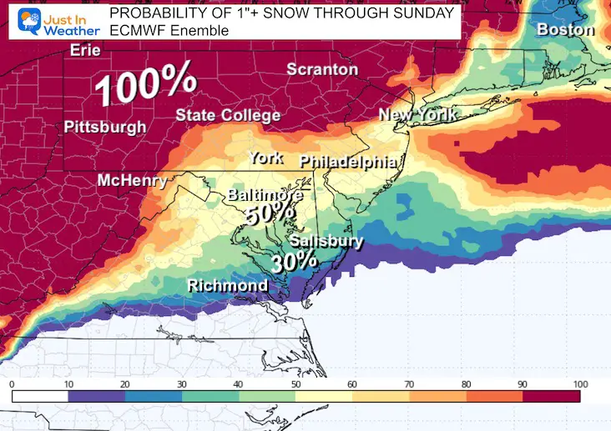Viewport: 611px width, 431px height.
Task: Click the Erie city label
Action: click(x=84, y=50)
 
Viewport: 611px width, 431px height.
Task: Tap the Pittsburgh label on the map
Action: click(x=105, y=128)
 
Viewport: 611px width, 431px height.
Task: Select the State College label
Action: click(x=227, y=115)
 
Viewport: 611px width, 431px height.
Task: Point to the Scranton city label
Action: click(x=322, y=70)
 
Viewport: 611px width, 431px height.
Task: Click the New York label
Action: click(x=417, y=114)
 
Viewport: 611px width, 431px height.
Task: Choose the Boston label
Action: click(x=565, y=30)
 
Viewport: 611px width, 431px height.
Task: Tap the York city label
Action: click(x=265, y=158)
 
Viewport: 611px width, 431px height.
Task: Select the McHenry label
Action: click(x=132, y=181)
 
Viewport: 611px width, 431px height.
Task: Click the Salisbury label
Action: click(x=326, y=242)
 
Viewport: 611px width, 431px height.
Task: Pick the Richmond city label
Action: click(x=227, y=286)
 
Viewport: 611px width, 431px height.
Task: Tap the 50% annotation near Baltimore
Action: click(x=270, y=215)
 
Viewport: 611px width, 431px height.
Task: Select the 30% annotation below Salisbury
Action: click(x=295, y=261)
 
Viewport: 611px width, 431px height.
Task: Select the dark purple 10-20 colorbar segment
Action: click(x=97, y=397)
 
